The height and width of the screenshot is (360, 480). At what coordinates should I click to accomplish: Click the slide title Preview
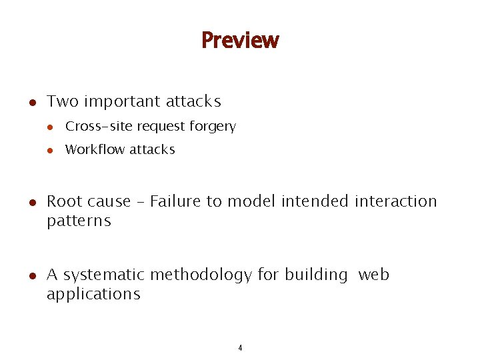(240, 41)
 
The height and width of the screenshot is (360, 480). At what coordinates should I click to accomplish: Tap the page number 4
(240, 347)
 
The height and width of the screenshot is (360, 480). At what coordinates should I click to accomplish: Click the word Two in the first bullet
(63, 102)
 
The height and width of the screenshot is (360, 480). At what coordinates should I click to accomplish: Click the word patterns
(79, 221)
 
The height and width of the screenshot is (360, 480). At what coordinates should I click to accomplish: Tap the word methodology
(201, 275)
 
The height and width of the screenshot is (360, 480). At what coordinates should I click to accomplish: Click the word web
(374, 275)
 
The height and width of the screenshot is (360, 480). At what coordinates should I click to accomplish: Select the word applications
(93, 295)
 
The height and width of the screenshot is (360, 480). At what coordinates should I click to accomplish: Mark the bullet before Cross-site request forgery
(49, 127)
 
